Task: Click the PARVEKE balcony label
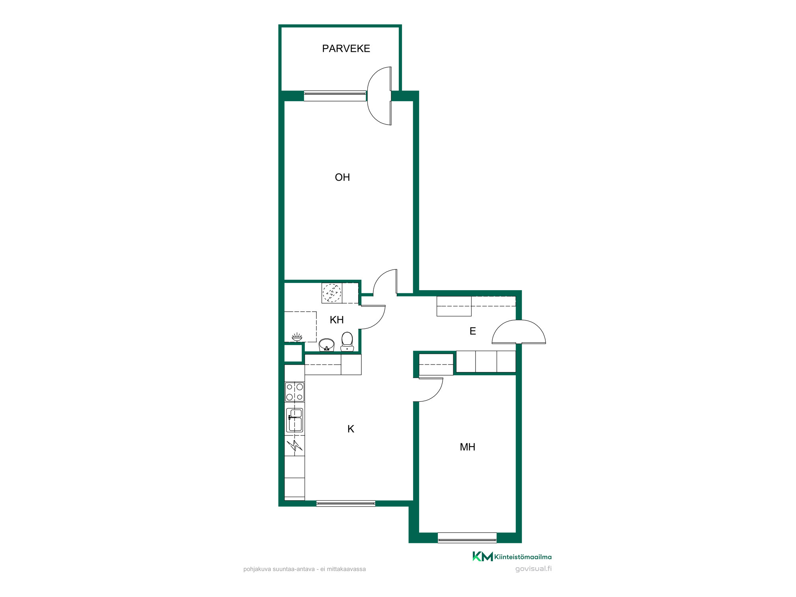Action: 346,49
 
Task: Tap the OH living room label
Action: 342,178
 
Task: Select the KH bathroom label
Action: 337,320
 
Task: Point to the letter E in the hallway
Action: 473,331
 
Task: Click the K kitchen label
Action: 351,429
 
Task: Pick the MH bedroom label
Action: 467,447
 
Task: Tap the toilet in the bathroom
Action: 347,341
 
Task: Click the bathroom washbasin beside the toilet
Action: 327,345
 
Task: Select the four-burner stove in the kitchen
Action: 295,392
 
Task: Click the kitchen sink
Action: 295,420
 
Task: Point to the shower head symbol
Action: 297,337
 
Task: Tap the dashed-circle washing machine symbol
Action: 332,293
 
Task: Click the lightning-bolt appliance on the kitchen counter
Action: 295,445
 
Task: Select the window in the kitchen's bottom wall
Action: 346,503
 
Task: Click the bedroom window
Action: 467,538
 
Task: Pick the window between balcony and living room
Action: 335,96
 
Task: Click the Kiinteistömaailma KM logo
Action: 512,556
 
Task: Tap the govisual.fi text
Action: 533,569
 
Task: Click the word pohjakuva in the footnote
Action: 257,570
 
